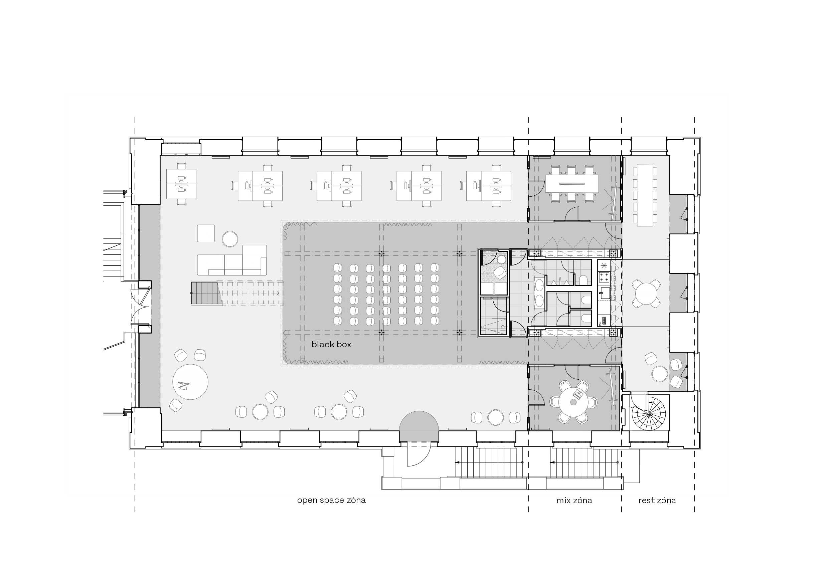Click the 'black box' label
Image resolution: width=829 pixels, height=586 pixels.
[x=331, y=345]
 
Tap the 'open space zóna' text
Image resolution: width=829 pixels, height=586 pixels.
[x=331, y=501]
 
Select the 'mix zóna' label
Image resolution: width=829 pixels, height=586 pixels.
[x=574, y=501]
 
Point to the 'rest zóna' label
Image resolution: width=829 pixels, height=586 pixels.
[x=657, y=501]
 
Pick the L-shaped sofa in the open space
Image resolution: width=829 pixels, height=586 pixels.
[x=232, y=261]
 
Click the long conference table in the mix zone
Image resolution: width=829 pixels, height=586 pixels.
[x=571, y=184]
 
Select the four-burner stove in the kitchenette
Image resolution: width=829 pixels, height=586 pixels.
[x=604, y=277]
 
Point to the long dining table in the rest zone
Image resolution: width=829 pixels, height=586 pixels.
[x=645, y=195]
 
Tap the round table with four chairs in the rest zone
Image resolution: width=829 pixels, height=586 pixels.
[x=646, y=294]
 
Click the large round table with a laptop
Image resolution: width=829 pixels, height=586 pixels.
[x=190, y=382]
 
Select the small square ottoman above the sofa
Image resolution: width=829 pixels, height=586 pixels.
[x=206, y=233]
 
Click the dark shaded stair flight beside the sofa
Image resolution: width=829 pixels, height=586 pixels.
[x=206, y=294]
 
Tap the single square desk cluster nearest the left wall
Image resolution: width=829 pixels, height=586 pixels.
[x=181, y=184]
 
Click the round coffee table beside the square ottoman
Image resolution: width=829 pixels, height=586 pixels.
[x=230, y=239]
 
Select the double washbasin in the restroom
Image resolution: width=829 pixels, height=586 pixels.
[x=539, y=292]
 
